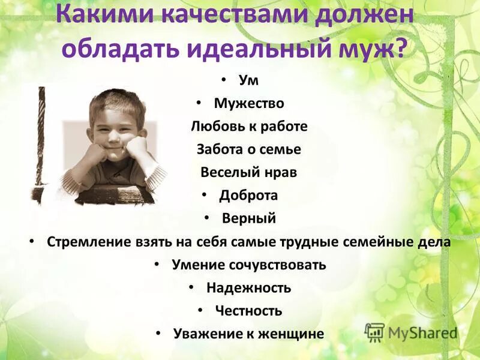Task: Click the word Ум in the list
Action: [x=248, y=81]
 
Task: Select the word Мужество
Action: [x=249, y=104]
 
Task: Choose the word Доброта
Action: [x=248, y=196]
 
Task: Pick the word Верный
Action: [x=249, y=218]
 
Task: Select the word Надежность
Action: [x=249, y=288]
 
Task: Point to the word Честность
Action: [x=248, y=311]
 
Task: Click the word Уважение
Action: [x=207, y=334]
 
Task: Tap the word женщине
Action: [x=294, y=334]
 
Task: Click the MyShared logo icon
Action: [x=374, y=332]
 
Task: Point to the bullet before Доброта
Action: [x=204, y=195]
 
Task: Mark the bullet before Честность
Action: [x=200, y=310]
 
